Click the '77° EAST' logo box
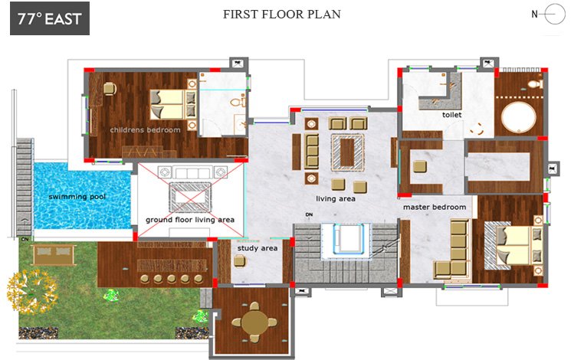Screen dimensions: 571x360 [x=50, y=18]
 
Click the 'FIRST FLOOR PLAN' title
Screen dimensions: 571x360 [x=282, y=15]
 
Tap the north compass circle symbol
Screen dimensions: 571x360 [x=555, y=15]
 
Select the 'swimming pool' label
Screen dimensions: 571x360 [x=77, y=197]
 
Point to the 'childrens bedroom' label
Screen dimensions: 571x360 [x=146, y=130]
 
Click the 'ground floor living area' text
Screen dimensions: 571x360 [x=190, y=220]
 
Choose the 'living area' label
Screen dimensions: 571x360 [x=336, y=198]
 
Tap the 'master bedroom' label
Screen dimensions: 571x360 [x=435, y=207]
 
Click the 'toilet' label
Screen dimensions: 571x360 [x=452, y=115]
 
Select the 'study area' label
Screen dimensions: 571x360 [x=258, y=248]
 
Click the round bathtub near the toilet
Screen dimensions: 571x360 [x=519, y=117]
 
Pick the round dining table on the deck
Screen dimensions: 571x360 [x=255, y=322]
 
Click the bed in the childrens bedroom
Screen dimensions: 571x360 [x=173, y=105]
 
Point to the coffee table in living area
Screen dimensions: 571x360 [x=347, y=152]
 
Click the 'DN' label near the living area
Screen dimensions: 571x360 [x=309, y=214]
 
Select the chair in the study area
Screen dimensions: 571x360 [x=240, y=261]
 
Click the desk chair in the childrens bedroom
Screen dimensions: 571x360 [x=110, y=88]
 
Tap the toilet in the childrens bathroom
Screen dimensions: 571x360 [x=238, y=101]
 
